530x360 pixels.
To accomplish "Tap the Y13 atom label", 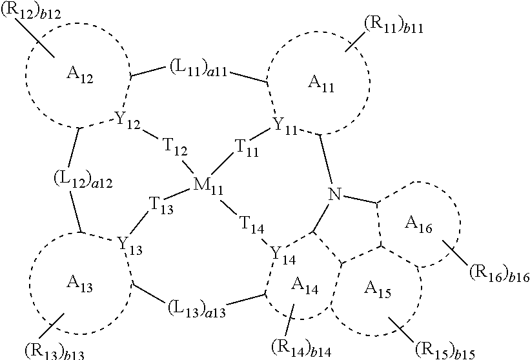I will point(129,245).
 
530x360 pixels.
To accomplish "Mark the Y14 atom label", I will point(281,255).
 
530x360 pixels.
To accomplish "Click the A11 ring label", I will point(321,83).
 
